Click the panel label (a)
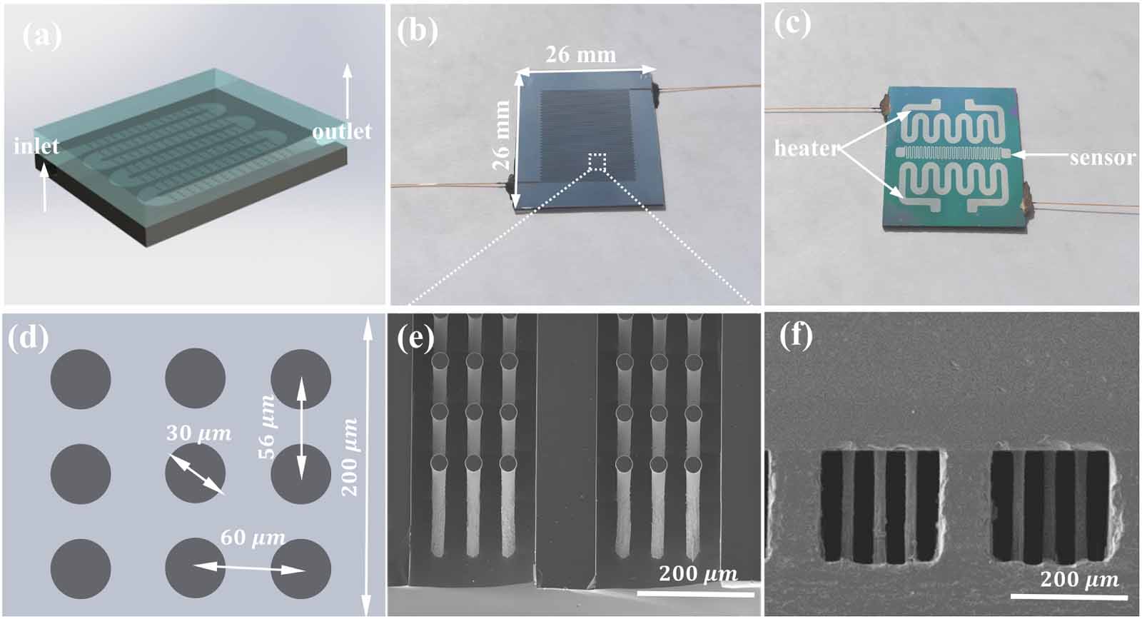42,36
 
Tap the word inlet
36,147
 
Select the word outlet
342,131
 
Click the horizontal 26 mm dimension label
581,54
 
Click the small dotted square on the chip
597,161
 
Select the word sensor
1103,158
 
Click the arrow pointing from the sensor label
1039,153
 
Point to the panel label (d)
28,338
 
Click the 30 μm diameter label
199,433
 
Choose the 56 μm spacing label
266,427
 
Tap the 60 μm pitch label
253,538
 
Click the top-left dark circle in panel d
81,379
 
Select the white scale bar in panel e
695,594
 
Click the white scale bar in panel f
1069,597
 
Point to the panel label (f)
797,338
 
